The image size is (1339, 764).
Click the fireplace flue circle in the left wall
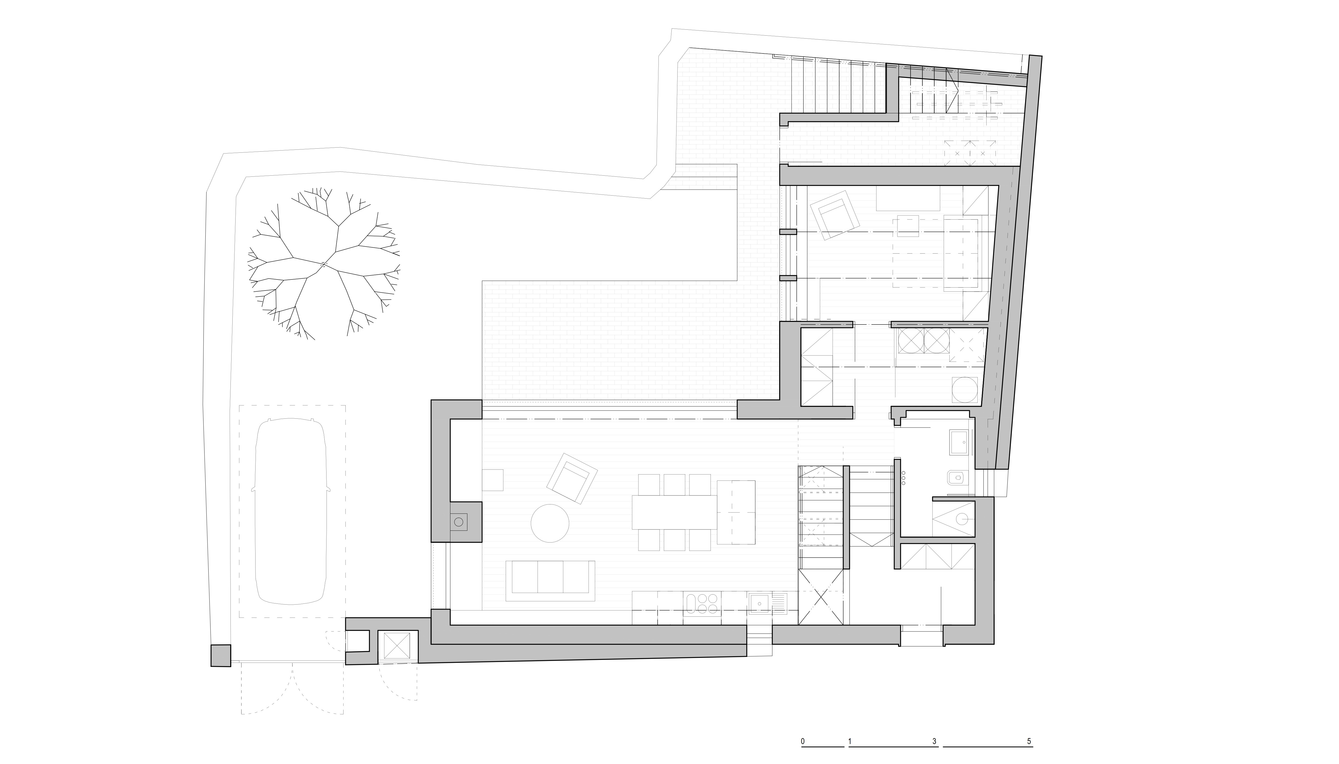click(x=458, y=521)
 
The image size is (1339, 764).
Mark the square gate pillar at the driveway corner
click(x=220, y=655)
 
